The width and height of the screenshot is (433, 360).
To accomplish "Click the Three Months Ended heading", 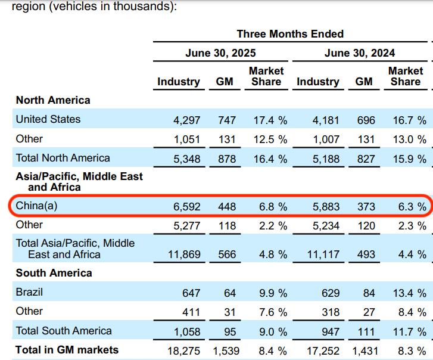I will tap(290, 34).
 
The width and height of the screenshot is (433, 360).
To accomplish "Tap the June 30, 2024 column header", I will tap(359, 53).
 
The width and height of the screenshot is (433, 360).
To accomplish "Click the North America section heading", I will tap(53, 100).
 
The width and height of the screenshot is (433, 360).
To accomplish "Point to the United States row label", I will tap(48, 119).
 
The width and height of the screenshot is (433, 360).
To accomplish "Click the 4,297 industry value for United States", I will tap(187, 120).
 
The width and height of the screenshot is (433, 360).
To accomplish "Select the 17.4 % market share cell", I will tap(270, 120).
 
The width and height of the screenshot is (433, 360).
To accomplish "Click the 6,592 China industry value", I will tap(187, 207).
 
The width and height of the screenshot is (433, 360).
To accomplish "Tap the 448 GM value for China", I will tap(226, 207).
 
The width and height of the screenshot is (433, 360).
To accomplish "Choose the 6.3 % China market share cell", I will tap(409, 207).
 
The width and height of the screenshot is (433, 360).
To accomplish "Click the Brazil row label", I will tap(29, 293).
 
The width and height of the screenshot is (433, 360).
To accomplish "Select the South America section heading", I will tap(54, 273).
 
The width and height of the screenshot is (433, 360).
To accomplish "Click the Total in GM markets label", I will tap(67, 350).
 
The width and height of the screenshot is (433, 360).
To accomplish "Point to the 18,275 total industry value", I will tap(184, 350).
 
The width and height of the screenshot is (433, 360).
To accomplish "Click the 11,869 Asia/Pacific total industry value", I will tap(184, 255).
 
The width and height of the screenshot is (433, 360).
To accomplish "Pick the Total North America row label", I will tap(63, 158).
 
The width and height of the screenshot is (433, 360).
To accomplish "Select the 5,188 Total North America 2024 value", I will tap(326, 159).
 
